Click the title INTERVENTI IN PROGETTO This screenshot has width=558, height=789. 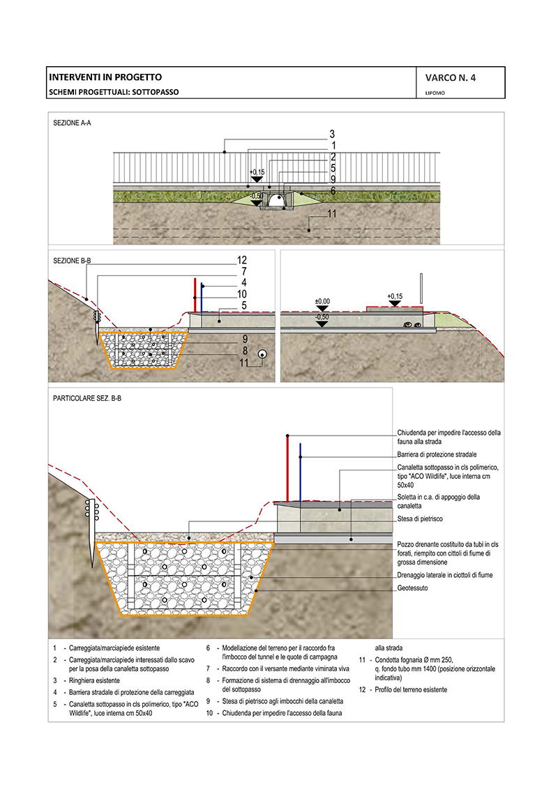pos(105,77)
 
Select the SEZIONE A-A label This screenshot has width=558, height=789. pos(72,123)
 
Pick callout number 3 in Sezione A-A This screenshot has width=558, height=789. pos(333,134)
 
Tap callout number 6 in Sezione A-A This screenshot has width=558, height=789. pos(333,190)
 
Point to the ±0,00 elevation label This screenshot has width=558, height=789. pos(322,301)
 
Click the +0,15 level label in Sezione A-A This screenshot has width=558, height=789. pos(257,171)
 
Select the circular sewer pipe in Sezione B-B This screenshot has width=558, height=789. pos(262,353)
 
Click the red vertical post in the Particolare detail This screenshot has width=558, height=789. pos(287,467)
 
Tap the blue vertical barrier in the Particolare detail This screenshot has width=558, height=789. pos(301,470)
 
